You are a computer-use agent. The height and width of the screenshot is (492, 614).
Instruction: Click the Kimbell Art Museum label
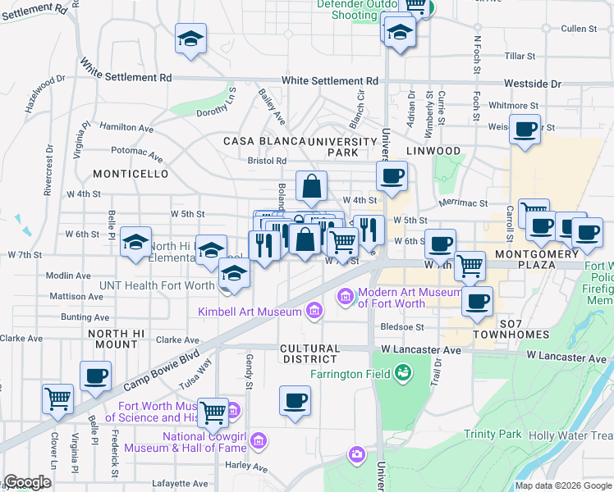[249, 311]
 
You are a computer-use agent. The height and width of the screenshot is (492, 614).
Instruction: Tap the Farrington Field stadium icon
[403, 374]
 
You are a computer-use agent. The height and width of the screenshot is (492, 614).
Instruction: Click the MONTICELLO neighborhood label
[131, 175]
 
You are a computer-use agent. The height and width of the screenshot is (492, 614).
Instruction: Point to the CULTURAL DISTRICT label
[309, 353]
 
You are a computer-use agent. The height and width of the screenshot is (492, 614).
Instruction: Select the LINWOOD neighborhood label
[433, 151]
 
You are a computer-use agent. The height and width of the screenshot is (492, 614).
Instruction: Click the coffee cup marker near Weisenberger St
[525, 129]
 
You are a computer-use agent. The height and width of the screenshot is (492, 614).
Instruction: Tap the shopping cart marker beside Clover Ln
[57, 399]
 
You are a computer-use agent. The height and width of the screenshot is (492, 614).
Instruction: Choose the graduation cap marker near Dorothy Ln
[190, 39]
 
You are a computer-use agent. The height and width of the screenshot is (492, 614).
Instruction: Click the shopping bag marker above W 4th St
[311, 187]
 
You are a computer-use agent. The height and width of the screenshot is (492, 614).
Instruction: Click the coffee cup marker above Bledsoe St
[476, 301]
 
